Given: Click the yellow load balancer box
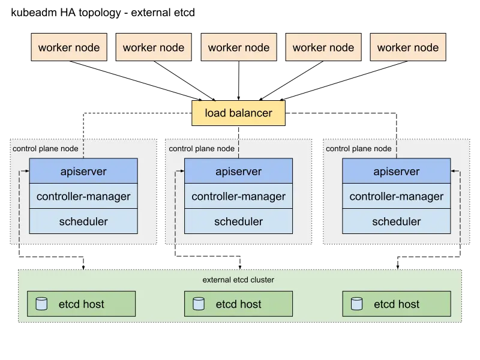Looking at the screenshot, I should click(239, 113).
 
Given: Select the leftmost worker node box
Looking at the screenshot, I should click(69, 47).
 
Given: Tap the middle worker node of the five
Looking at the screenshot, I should click(239, 47).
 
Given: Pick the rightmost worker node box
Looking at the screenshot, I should click(408, 47).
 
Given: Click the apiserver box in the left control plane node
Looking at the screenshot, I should click(83, 171).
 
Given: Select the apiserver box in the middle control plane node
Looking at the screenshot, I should click(238, 171).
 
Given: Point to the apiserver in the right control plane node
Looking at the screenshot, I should click(396, 171).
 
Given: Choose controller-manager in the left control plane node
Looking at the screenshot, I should click(83, 196).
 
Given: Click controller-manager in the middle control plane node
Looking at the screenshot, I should click(238, 196).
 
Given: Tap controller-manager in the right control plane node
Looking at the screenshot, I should click(396, 196).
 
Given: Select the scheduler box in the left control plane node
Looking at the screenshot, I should click(83, 221).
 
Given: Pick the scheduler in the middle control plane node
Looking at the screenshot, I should click(238, 221).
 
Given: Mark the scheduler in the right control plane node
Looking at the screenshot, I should click(396, 221).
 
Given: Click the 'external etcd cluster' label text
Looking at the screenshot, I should click(239, 280).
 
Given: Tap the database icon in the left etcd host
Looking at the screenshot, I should click(41, 304).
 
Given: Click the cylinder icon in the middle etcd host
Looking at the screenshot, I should click(198, 304).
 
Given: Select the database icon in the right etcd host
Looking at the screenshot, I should click(356, 304).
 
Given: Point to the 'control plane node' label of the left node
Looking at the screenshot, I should click(45, 149).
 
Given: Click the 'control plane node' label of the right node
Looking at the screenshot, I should click(358, 149).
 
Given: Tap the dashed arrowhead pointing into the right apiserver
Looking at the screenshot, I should click(454, 172).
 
